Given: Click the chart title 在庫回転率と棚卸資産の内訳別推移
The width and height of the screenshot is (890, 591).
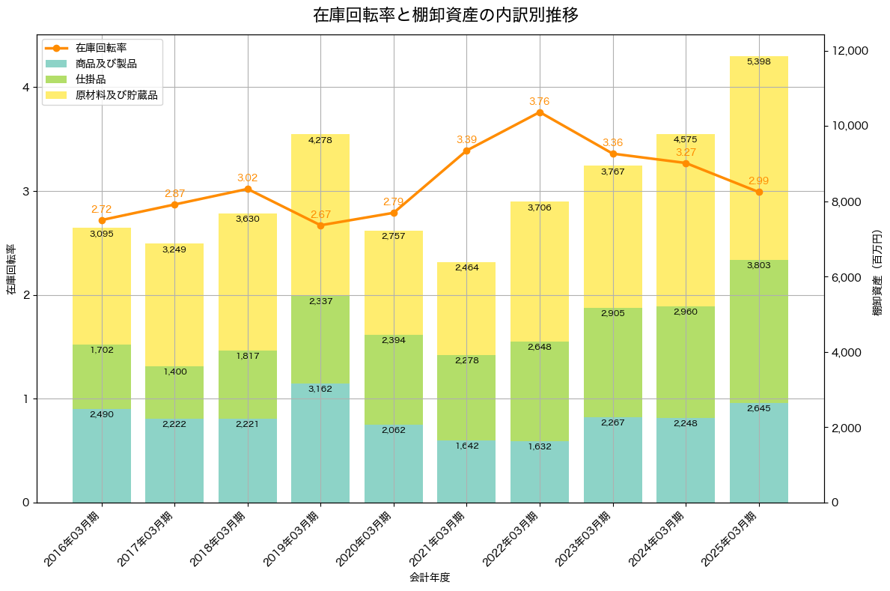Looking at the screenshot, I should click(x=445, y=15).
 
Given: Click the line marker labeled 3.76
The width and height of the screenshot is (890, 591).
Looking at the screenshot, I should click(x=540, y=112).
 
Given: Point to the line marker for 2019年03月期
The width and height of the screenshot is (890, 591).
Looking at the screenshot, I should click(x=320, y=225).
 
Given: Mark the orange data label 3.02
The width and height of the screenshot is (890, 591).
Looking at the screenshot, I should click(x=247, y=178).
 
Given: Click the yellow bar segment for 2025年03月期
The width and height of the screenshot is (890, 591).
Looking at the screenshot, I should click(x=758, y=158).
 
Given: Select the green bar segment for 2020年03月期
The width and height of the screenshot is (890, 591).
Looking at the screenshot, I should click(x=394, y=380).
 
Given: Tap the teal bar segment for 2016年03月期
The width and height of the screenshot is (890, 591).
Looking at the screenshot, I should click(x=102, y=455).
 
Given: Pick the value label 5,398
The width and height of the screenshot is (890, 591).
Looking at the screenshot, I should click(x=758, y=61).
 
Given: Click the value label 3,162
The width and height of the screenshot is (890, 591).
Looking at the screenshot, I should click(x=320, y=389).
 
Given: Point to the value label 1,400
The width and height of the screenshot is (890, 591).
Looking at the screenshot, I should click(x=174, y=372).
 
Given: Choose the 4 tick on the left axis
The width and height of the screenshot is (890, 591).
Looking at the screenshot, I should click(x=25, y=87).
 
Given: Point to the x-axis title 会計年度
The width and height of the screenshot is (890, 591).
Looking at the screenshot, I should click(x=430, y=578).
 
